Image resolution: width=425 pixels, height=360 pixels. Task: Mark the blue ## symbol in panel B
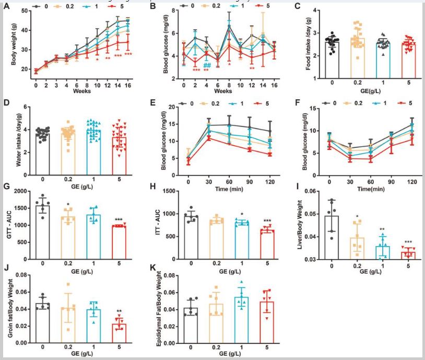click(207, 65)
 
